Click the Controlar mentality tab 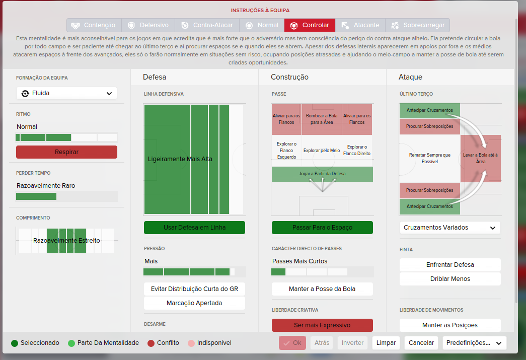pyautogui.click(x=310, y=25)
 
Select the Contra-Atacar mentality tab pyautogui.click(x=207, y=25)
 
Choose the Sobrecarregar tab pyautogui.click(x=417, y=25)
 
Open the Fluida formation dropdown pyautogui.click(x=66, y=93)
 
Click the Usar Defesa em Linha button pyautogui.click(x=195, y=228)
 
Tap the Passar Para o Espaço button pyautogui.click(x=322, y=228)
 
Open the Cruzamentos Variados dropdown pyautogui.click(x=450, y=228)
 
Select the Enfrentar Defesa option pyautogui.click(x=450, y=265)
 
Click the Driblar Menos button pyautogui.click(x=450, y=279)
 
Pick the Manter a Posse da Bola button pyautogui.click(x=322, y=289)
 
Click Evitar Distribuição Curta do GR pyautogui.click(x=195, y=289)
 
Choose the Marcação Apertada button pyautogui.click(x=195, y=303)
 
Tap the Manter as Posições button pyautogui.click(x=450, y=325)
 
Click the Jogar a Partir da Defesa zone pyautogui.click(x=322, y=174)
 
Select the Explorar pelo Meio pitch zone pyautogui.click(x=322, y=151)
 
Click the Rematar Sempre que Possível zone pyautogui.click(x=430, y=159)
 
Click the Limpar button pyautogui.click(x=386, y=343)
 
